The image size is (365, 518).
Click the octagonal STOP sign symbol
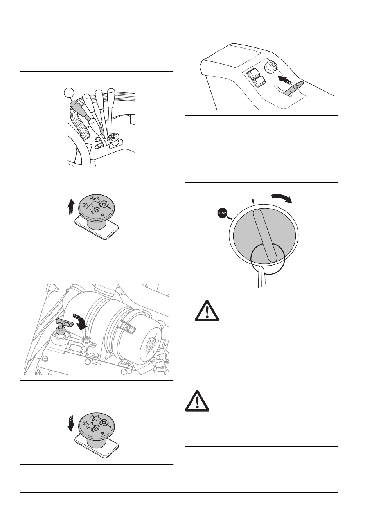(222, 213)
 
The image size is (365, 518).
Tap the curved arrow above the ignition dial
(282, 197)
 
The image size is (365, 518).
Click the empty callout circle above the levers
(69, 93)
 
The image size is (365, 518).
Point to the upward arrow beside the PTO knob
(72, 207)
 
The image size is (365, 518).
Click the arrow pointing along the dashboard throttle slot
(285, 80)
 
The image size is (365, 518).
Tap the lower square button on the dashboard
(259, 82)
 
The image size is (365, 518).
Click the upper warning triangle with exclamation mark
(207, 311)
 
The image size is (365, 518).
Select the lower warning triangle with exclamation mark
(197, 401)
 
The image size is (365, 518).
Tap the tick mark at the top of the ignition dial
(253, 201)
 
